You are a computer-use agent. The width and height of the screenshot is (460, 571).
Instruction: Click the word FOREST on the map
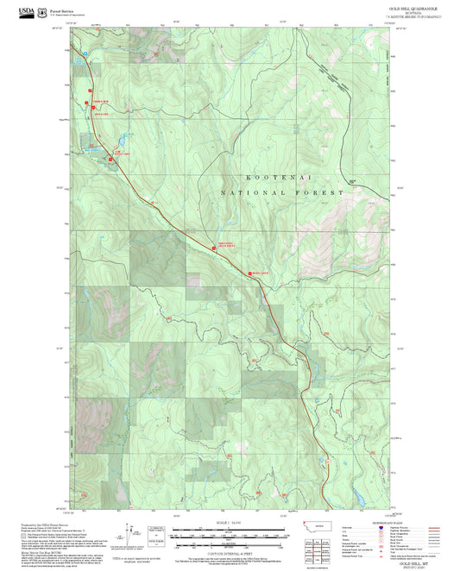point(318,194)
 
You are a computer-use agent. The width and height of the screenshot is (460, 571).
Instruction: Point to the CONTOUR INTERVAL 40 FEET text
point(228,549)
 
